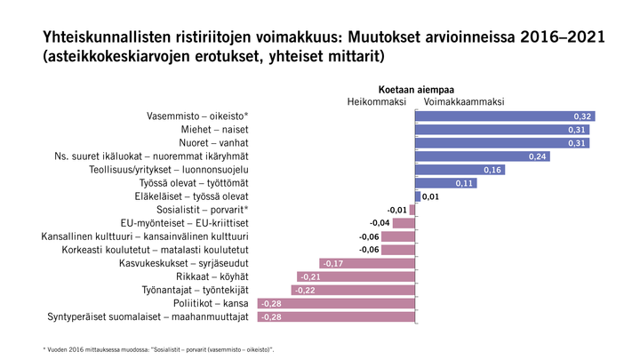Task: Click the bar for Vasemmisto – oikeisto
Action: tap(505, 116)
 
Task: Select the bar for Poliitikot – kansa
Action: tap(336, 303)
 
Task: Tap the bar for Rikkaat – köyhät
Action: tap(356, 276)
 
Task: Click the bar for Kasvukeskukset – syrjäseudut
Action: tap(366, 263)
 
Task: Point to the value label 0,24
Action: tap(538, 156)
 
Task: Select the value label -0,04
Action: tap(380, 223)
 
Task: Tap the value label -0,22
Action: tap(304, 290)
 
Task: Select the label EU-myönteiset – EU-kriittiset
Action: tap(184, 223)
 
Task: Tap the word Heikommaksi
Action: tap(376, 101)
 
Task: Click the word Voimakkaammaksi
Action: tap(464, 101)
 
